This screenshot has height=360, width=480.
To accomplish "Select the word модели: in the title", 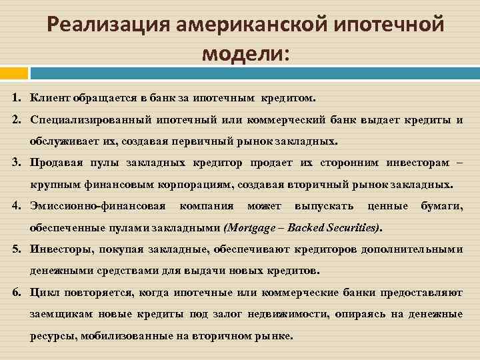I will (246, 53).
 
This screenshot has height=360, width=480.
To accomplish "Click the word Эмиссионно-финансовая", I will (97, 206).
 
